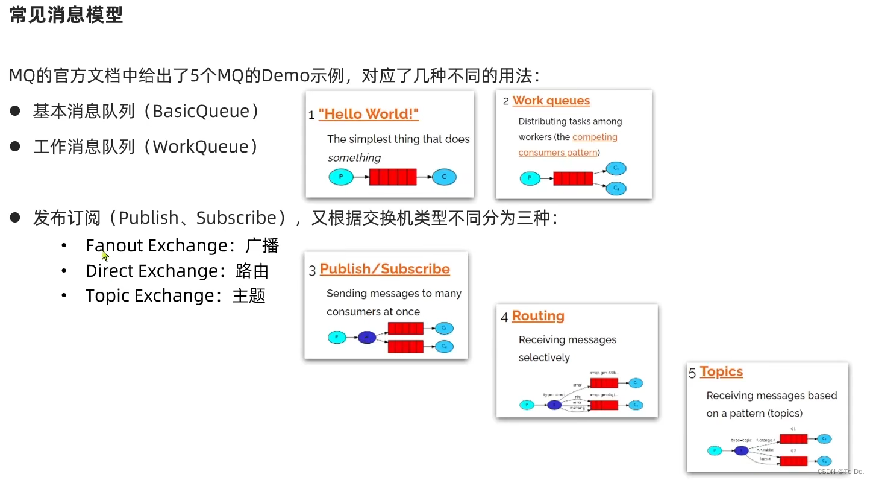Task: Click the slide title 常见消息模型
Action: click(x=66, y=15)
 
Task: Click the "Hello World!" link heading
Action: click(x=368, y=114)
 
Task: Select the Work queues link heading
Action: click(x=551, y=101)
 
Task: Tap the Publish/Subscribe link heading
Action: click(x=384, y=269)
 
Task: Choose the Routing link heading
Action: click(x=538, y=316)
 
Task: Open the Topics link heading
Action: click(x=721, y=371)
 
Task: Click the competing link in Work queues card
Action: click(x=595, y=137)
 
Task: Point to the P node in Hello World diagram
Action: click(x=341, y=177)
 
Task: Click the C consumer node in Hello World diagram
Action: click(x=444, y=177)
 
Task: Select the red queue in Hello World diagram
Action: click(x=393, y=177)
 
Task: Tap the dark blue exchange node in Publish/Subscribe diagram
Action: click(x=366, y=338)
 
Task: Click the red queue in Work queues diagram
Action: click(x=573, y=178)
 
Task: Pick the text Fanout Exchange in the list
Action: click(x=156, y=245)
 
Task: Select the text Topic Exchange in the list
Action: click(x=149, y=295)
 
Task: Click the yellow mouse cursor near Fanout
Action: click(x=105, y=254)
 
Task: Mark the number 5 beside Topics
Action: click(x=692, y=373)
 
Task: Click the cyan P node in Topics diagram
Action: click(x=715, y=450)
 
